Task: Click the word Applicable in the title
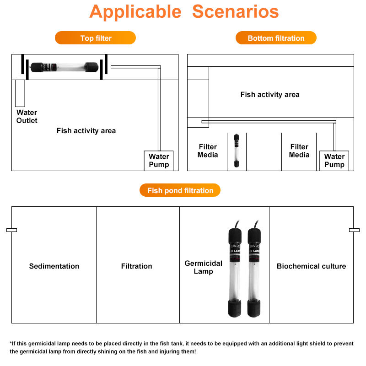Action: (135, 11)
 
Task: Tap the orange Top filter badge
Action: (96, 38)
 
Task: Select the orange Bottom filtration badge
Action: (276, 38)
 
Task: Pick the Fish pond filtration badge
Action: (180, 190)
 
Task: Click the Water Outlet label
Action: (27, 116)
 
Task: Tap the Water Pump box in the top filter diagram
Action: (159, 161)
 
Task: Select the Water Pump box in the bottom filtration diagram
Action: (334, 161)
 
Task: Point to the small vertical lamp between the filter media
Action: (237, 151)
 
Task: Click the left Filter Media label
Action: (208, 151)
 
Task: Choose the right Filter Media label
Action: (299, 151)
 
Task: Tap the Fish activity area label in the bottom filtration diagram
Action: (270, 95)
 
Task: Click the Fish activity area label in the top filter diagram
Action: (86, 131)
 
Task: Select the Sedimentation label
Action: (54, 266)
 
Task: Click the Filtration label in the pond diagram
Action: (136, 266)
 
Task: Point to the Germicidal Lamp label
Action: (203, 267)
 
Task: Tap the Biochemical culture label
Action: (311, 266)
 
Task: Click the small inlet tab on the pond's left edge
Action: (11, 230)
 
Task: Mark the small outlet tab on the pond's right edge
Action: (354, 230)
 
